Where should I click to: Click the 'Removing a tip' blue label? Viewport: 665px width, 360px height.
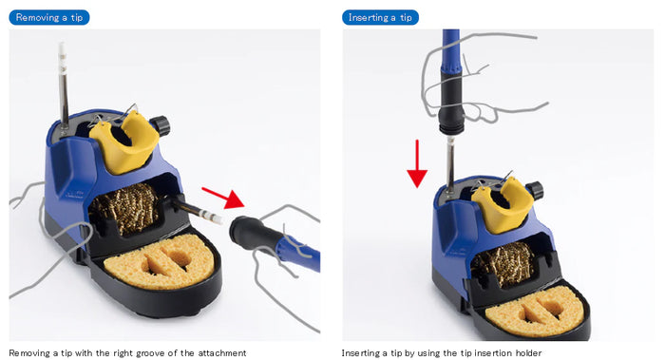pyautogui.click(x=48, y=17)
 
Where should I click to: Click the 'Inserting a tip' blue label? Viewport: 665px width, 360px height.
pyautogui.click(x=380, y=17)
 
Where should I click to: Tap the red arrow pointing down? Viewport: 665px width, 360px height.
pyautogui.click(x=416, y=163)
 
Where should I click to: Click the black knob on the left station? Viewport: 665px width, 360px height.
pyautogui.click(x=161, y=124)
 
